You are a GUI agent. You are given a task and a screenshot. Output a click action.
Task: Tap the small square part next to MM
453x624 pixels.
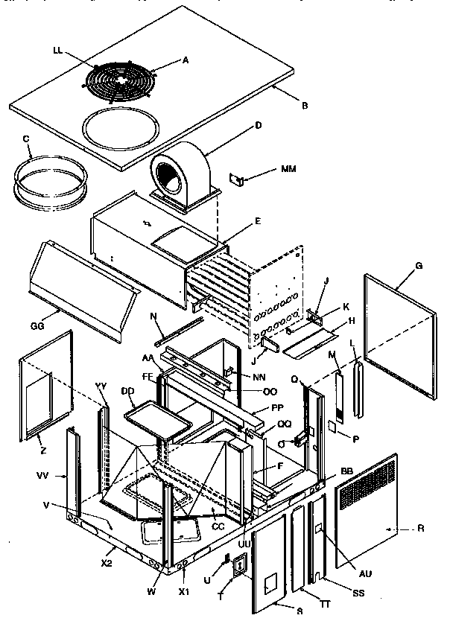(236, 179)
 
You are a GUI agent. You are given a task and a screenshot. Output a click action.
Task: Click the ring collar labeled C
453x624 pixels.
(49, 183)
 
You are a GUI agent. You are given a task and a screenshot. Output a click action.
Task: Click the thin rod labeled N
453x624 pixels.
(179, 329)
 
